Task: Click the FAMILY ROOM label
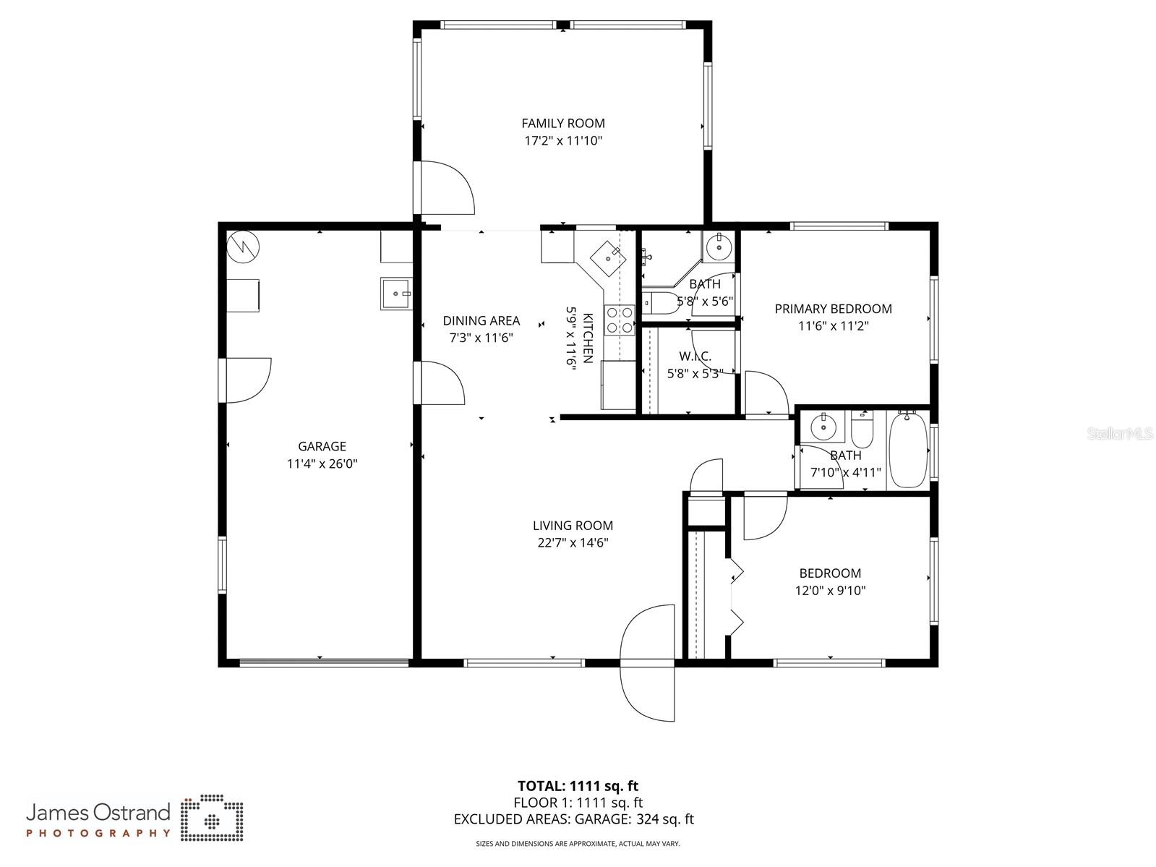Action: click(x=563, y=124)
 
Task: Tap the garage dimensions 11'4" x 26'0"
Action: click(x=322, y=464)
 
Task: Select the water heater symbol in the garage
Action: click(x=244, y=247)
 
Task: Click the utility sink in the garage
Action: click(x=395, y=294)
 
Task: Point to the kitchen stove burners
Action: click(x=620, y=320)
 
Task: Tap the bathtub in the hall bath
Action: click(x=908, y=450)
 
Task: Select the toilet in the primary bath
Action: click(x=660, y=302)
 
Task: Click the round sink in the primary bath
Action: click(x=719, y=247)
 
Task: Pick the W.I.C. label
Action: click(x=695, y=356)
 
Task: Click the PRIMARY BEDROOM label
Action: click(x=833, y=309)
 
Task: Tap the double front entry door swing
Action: click(x=647, y=662)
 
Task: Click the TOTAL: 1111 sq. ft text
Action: click(x=578, y=786)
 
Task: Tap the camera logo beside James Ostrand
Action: click(x=212, y=819)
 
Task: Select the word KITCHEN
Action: click(x=588, y=338)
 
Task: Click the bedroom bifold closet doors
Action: click(x=735, y=597)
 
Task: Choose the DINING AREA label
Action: click(x=481, y=320)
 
